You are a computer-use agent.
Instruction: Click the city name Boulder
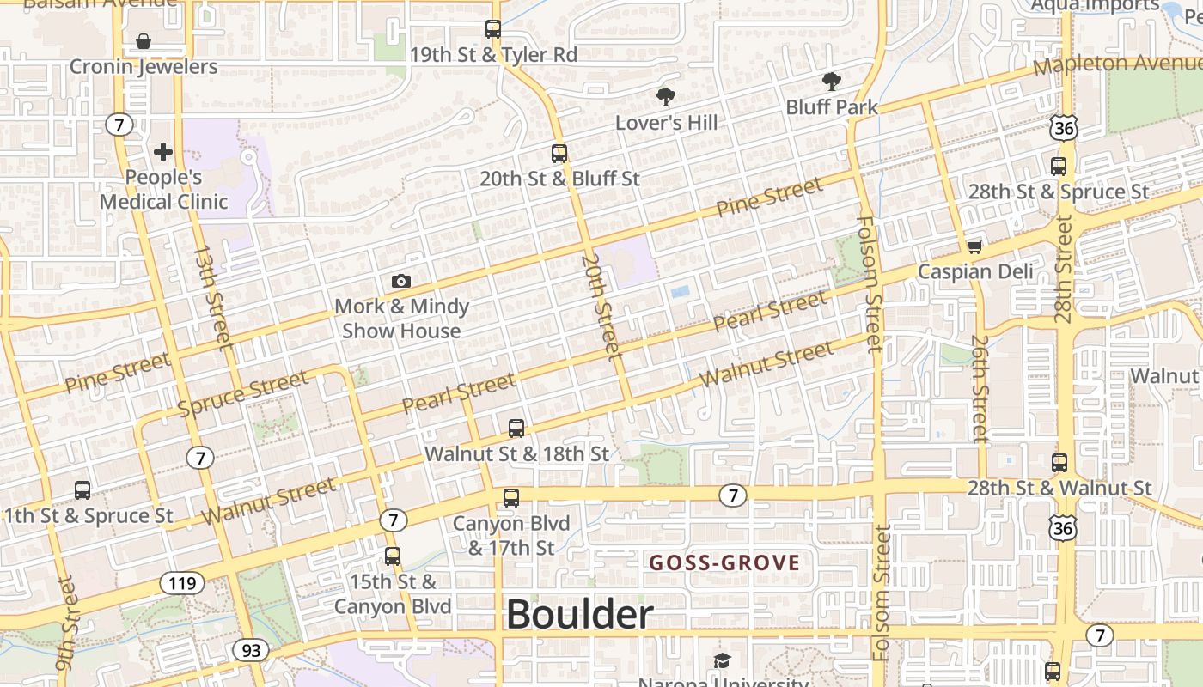pyautogui.click(x=579, y=615)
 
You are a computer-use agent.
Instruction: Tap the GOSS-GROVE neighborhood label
pyautogui.click(x=724, y=563)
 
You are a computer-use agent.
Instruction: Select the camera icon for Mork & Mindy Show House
pyautogui.click(x=400, y=281)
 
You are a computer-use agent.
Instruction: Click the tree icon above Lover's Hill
pyautogui.click(x=665, y=96)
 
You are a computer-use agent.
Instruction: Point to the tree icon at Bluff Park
pyautogui.click(x=831, y=82)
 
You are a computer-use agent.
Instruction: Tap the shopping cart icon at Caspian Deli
pyautogui.click(x=974, y=246)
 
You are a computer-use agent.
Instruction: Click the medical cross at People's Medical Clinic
pyautogui.click(x=162, y=153)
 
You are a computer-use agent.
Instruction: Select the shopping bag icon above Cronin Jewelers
pyautogui.click(x=144, y=41)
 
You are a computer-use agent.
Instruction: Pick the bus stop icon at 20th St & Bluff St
pyautogui.click(x=559, y=154)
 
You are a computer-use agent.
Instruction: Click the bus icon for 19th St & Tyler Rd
pyautogui.click(x=492, y=29)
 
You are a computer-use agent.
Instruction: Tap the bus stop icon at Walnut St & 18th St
pyautogui.click(x=516, y=428)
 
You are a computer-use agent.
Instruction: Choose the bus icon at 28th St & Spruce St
pyautogui.click(x=1059, y=167)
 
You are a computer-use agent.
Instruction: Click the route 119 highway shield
pyautogui.click(x=182, y=584)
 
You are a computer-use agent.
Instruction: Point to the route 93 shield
pyautogui.click(x=251, y=650)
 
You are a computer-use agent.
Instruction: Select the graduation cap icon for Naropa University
pyautogui.click(x=722, y=660)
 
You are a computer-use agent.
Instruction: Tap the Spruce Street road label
pyautogui.click(x=242, y=393)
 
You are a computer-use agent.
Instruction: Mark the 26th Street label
pyautogui.click(x=980, y=388)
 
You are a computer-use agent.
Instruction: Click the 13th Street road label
pyautogui.click(x=212, y=296)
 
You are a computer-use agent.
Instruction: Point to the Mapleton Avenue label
pyautogui.click(x=1117, y=64)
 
